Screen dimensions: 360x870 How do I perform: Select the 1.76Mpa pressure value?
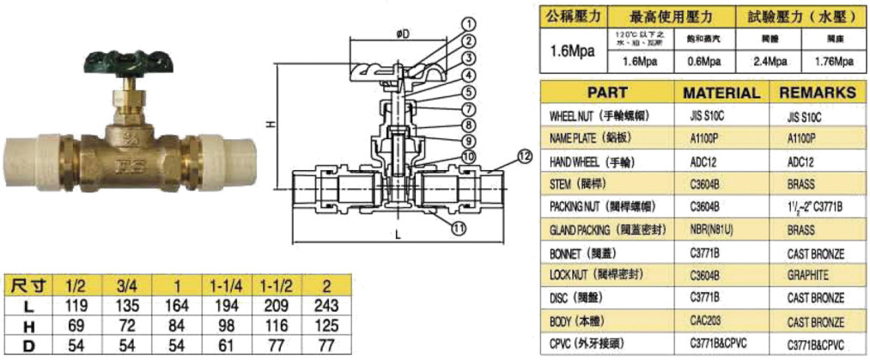(832, 62)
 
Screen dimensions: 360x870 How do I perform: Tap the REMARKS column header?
(819, 93)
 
